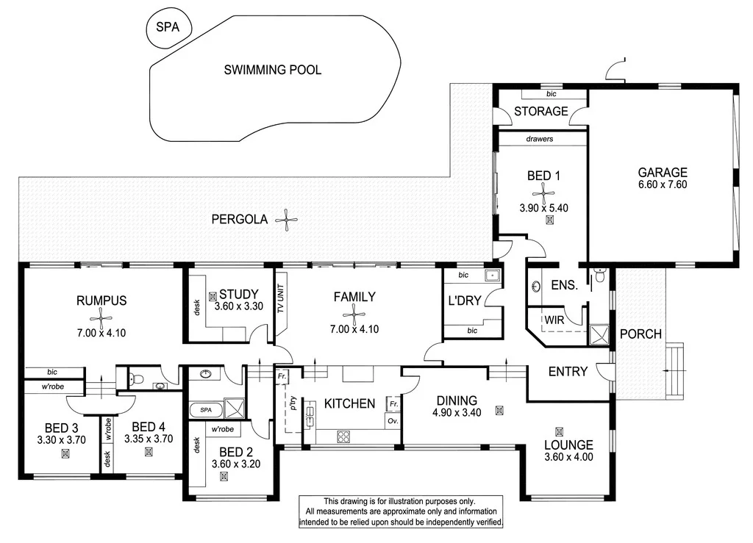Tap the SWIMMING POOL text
tap(272, 71)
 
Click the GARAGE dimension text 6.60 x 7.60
tap(662, 185)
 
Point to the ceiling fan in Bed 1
tap(544, 193)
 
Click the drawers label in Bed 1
tap(540, 138)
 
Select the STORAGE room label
tap(540, 112)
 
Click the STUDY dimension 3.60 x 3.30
tap(239, 306)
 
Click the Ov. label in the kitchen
tap(393, 421)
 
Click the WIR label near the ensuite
tap(554, 320)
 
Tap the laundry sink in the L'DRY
tap(491, 277)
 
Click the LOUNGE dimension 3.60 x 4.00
tap(568, 456)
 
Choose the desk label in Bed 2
tap(196, 445)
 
